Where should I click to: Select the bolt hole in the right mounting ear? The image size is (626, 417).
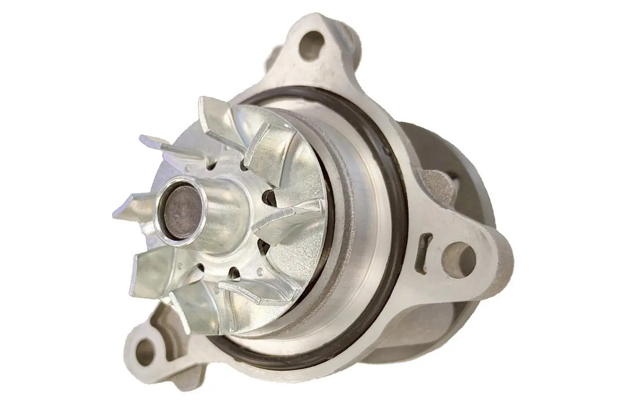[x=457, y=254]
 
